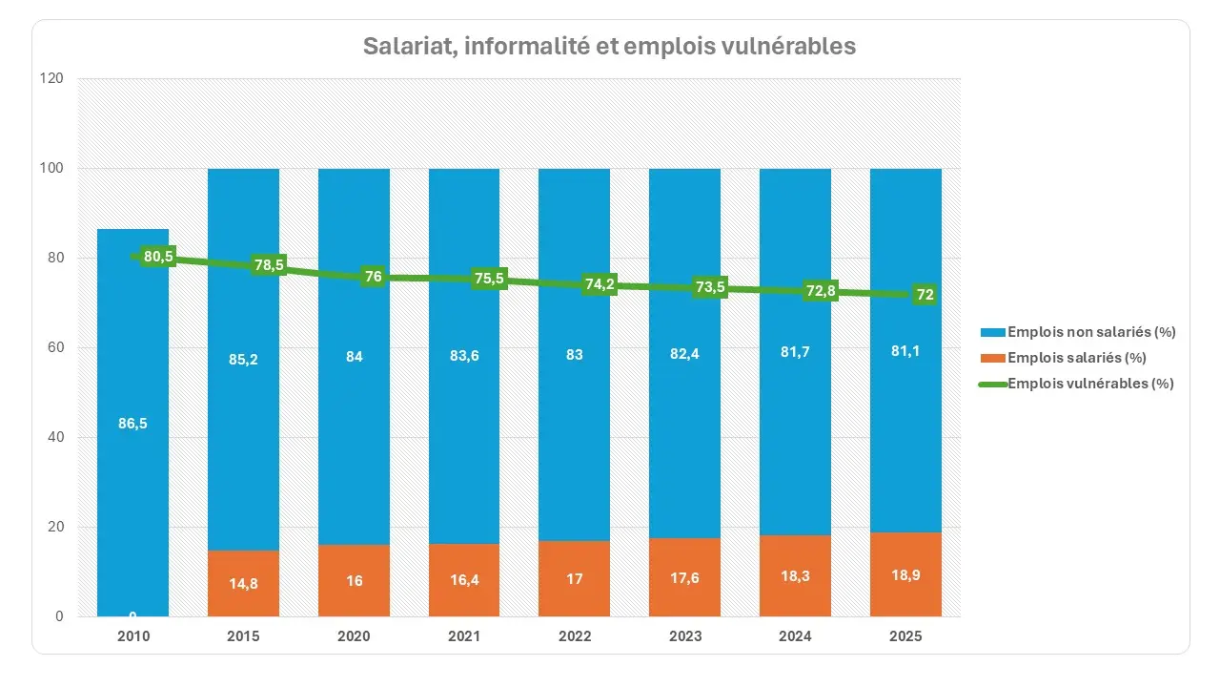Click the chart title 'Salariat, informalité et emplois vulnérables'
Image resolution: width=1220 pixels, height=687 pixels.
coord(609,46)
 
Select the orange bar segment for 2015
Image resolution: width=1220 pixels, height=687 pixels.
coord(244,583)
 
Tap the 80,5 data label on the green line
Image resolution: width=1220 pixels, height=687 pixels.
coord(157,257)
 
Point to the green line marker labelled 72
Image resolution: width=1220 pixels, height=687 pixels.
coord(924,295)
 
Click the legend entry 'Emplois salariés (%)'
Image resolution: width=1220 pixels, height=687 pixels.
coord(1075,358)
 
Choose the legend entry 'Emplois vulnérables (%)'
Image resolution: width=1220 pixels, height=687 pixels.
coord(1089,384)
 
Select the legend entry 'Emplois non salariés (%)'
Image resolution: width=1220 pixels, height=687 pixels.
coord(1090,332)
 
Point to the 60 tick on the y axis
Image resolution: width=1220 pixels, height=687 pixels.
coord(56,348)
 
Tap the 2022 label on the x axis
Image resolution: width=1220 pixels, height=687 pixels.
coord(575,636)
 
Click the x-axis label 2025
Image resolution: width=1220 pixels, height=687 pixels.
coord(905,636)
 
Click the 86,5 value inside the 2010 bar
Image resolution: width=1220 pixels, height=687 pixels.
coord(132,424)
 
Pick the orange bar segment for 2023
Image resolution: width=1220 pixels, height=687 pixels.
coord(684,577)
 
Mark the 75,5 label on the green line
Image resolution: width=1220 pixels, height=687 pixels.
coord(487,279)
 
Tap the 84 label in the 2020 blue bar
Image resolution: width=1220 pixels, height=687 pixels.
coord(354,356)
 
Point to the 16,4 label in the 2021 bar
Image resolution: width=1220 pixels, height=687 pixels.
coord(464,580)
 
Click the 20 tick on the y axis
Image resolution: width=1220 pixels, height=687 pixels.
coord(56,528)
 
